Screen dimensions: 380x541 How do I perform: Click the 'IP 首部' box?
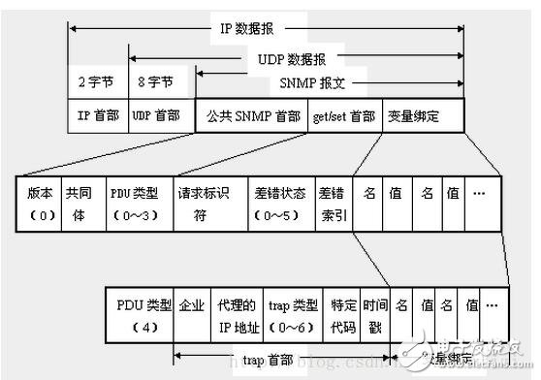point(98,115)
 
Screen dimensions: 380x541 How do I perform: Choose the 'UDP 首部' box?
point(155,115)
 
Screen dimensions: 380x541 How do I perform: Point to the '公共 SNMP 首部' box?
point(253,115)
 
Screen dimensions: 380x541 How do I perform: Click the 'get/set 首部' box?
point(344,115)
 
